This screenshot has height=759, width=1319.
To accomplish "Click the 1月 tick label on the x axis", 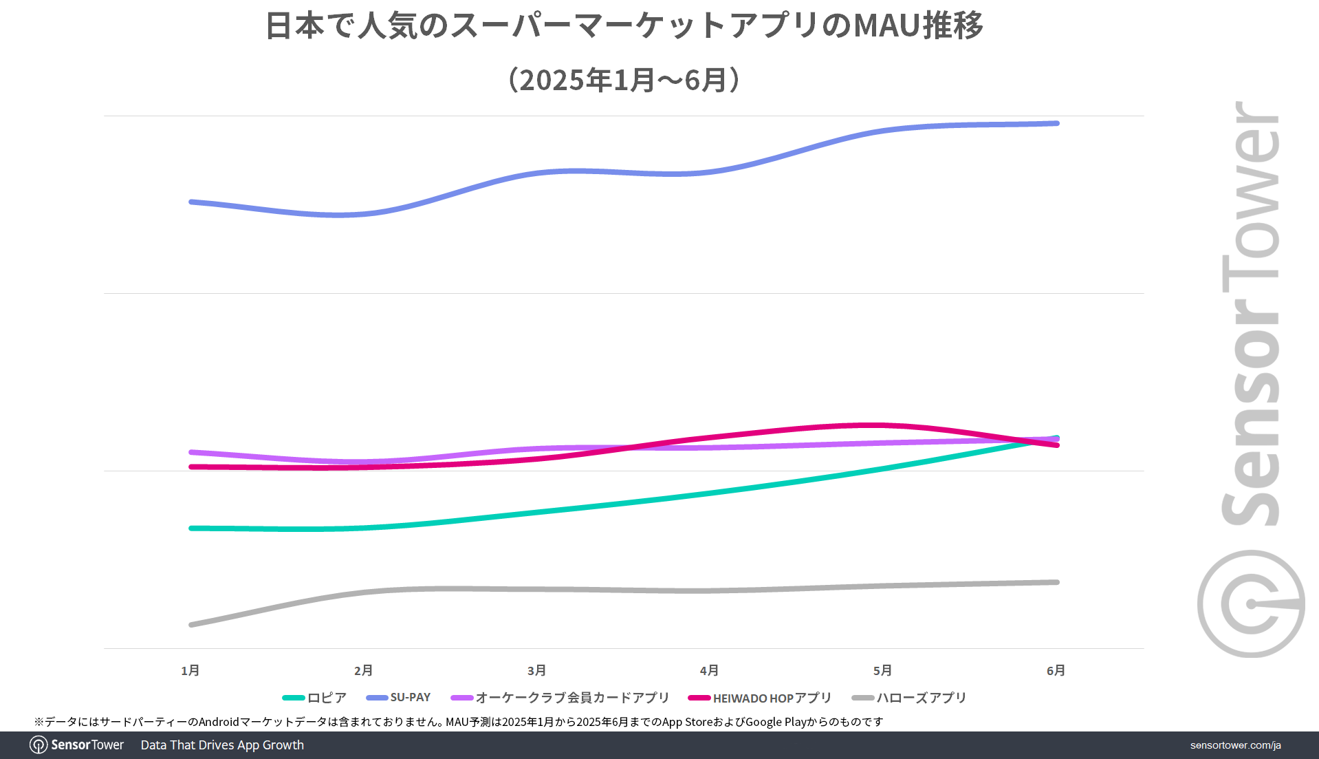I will coord(190,670).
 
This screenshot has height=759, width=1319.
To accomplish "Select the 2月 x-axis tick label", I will coord(364,670).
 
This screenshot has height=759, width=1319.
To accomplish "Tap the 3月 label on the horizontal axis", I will coord(537,670).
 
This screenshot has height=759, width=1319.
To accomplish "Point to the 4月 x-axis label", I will coord(710,670).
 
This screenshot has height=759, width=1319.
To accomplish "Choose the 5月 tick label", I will coord(883,670).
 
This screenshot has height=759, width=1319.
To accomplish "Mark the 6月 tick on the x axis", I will coord(1056,670).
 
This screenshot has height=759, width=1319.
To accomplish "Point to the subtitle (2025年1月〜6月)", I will coord(624,80).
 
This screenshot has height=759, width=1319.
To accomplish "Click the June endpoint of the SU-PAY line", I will coord(1056,124).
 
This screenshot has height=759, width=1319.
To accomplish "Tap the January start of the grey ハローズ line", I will coord(191,624).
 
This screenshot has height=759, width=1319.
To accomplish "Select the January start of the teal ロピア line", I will coord(191,528).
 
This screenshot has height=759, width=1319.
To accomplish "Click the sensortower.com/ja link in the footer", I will coord(1235,745).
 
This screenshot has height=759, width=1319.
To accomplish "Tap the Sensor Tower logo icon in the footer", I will coord(39,745).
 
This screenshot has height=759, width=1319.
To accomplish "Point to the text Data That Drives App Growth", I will coord(222,745).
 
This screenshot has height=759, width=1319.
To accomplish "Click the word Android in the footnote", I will coord(219,722).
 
